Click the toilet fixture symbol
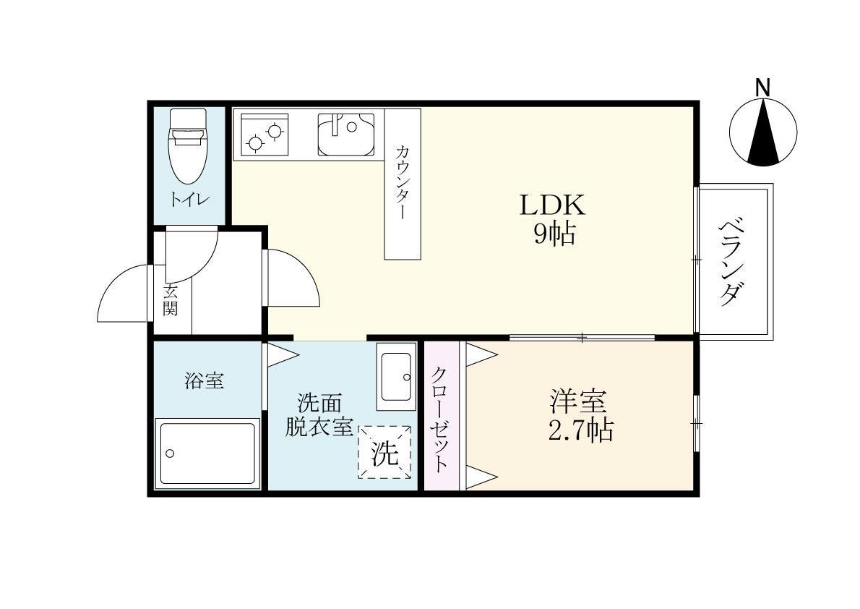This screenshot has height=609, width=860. click(x=187, y=147)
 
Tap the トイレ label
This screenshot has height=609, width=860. click(x=189, y=198)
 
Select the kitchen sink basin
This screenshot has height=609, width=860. click(x=345, y=134)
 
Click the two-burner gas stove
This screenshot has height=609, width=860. click(x=264, y=135)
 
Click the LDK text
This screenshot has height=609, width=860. click(x=553, y=206)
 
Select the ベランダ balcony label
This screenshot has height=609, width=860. click(x=731, y=261)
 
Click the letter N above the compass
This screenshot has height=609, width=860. click(x=762, y=88)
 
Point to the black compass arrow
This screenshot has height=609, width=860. click(x=762, y=134)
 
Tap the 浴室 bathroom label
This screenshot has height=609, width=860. click(x=205, y=381)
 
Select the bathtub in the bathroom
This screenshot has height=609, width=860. click(x=207, y=453)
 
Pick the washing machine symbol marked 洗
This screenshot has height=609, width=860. click(x=385, y=452)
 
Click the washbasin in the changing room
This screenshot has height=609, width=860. click(x=396, y=376)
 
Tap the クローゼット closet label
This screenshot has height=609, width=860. click(x=440, y=419)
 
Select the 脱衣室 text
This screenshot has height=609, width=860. click(x=319, y=427)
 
